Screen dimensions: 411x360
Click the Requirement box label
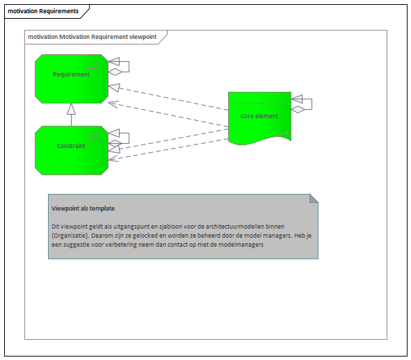[x=72, y=74]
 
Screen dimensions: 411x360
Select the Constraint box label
[x=72, y=146]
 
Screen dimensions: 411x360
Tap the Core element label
[x=259, y=116]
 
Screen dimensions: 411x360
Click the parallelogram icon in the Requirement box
[x=95, y=65]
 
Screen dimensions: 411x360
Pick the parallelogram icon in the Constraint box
[x=95, y=136]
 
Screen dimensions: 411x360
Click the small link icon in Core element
[x=283, y=133]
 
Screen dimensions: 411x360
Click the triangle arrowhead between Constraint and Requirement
[x=72, y=109]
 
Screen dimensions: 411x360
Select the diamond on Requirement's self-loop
[x=115, y=72]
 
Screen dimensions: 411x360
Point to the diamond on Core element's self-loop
[x=298, y=110]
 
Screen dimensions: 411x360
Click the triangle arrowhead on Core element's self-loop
[x=297, y=99]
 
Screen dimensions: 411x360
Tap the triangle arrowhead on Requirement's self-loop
[x=114, y=62]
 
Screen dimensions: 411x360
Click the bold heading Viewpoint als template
[x=83, y=208]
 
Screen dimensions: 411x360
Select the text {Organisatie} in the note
[x=70, y=236]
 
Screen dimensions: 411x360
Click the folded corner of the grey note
[x=314, y=199]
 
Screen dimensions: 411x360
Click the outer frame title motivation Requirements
[x=43, y=11]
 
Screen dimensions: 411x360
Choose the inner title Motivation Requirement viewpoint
[x=108, y=37]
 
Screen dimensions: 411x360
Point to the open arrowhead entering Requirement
[x=113, y=104]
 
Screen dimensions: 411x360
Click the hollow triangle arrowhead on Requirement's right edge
[x=114, y=88]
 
